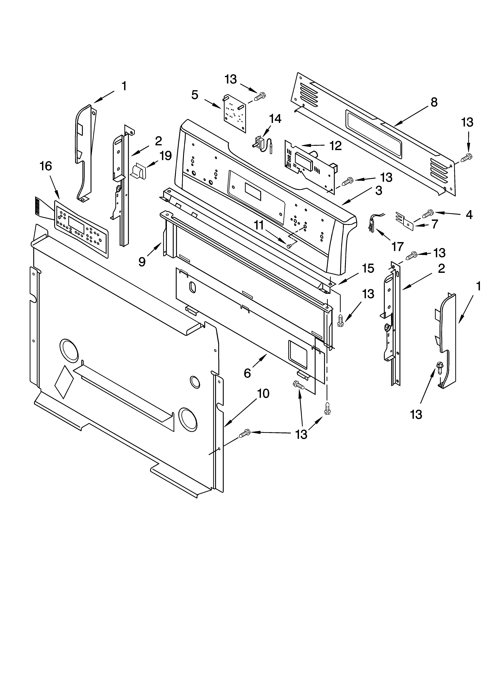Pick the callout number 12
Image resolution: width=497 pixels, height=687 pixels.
(335, 146)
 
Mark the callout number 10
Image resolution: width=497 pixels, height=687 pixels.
(263, 394)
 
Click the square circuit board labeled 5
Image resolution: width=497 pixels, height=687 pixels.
(235, 114)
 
